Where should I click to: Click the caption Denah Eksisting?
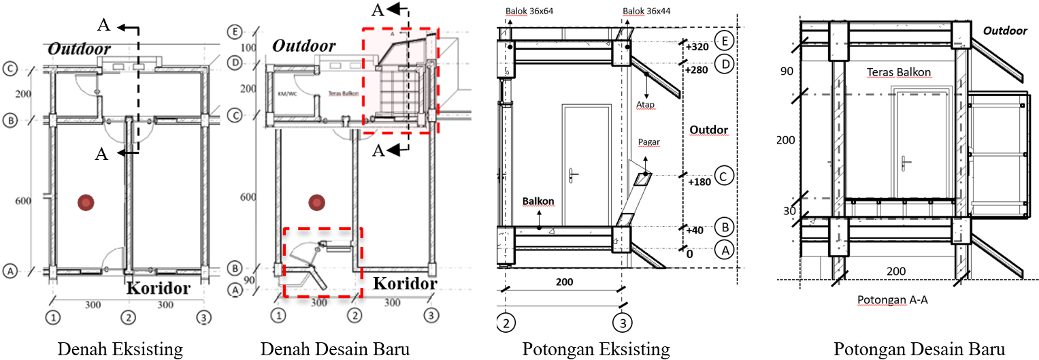[120, 349]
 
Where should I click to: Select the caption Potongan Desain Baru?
[920, 349]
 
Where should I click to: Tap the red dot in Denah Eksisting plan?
[85, 201]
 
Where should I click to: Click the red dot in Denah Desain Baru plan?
[315, 202]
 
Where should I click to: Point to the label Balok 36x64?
[531, 12]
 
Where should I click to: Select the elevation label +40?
[695, 230]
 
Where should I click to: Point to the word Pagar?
[650, 142]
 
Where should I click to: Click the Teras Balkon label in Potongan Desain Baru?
[899, 71]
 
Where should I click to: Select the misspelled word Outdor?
[708, 129]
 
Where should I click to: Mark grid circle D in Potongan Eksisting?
[725, 64]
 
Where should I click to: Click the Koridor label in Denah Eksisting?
[158, 288]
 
